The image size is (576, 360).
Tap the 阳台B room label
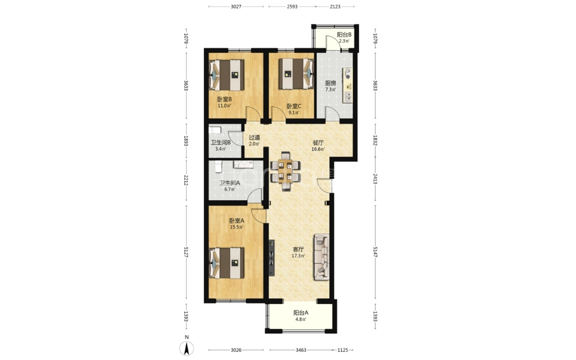pyautogui.click(x=344, y=34)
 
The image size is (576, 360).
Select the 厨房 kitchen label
pyautogui.click(x=331, y=83)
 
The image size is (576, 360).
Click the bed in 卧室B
pyautogui.click(x=226, y=75)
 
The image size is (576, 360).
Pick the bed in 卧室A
pyautogui.click(x=226, y=263)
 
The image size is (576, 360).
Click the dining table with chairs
pyautogui.click(x=285, y=171)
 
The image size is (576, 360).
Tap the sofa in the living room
pyautogui.click(x=321, y=257)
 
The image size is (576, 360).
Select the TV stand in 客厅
pyautogui.click(x=272, y=258)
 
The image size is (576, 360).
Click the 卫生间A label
pyautogui.click(x=229, y=183)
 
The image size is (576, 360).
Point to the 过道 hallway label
pyautogui.click(x=254, y=138)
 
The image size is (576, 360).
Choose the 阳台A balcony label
pyautogui.click(x=301, y=312)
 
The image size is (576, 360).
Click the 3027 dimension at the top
pyautogui.click(x=236, y=7)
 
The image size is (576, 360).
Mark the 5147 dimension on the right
pyautogui.click(x=376, y=251)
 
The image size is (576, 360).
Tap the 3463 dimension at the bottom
pyautogui.click(x=301, y=350)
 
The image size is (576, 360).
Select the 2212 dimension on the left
pyautogui.click(x=186, y=180)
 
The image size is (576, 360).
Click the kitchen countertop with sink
pyautogui.click(x=347, y=85)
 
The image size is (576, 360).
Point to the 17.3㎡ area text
pyautogui.click(x=298, y=256)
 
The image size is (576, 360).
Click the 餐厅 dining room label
pyautogui.click(x=318, y=143)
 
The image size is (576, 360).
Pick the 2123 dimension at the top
pyautogui.click(x=335, y=7)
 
